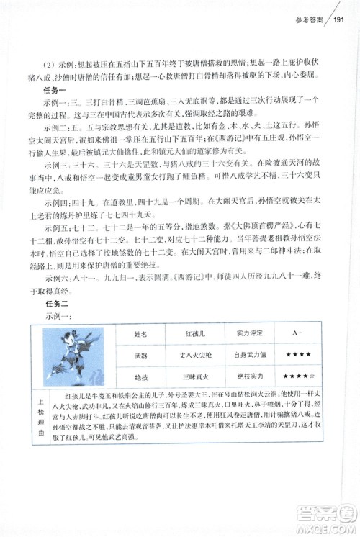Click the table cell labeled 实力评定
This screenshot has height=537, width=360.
(x=246, y=335)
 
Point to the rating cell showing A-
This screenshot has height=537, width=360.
(x=297, y=335)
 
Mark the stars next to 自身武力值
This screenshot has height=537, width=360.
(x=297, y=356)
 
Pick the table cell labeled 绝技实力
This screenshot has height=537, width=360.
(x=246, y=376)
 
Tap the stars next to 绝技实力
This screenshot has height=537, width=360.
(x=297, y=376)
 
